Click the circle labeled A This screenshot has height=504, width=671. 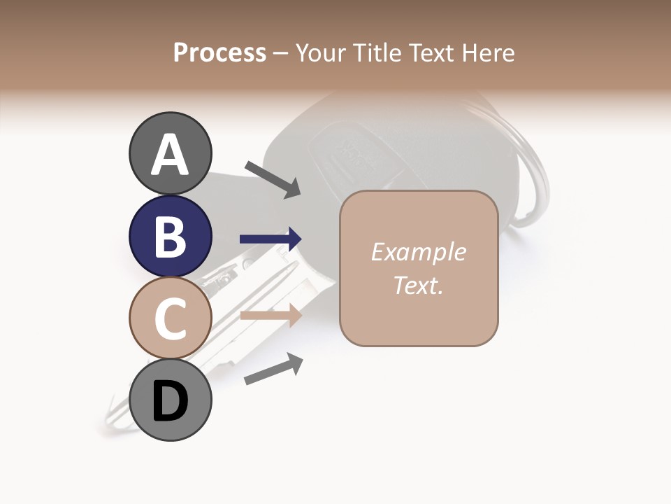click(171, 153)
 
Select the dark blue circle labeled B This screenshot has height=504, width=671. click(171, 236)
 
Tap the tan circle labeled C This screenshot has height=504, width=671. click(171, 318)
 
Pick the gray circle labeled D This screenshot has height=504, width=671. click(171, 400)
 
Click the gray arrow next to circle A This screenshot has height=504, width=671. click(273, 178)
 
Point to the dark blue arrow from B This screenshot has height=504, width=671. click(270, 239)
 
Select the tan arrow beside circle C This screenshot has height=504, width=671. click(270, 316)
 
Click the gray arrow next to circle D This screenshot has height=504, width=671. click(273, 369)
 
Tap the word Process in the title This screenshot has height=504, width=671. click(219, 52)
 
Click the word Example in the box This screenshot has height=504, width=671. click(419, 252)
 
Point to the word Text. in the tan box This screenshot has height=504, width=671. click(419, 285)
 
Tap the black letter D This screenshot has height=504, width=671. click(171, 402)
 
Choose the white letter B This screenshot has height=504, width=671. click(171, 237)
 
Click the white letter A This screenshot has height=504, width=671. click(171, 155)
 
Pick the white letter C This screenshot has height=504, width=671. click(171, 319)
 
